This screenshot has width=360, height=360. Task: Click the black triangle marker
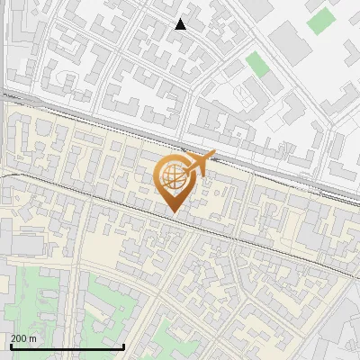coord(181,24)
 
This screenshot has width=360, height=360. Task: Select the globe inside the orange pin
coord(172,175)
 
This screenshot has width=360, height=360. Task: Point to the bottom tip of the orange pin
coord(172,212)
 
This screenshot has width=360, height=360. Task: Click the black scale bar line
coord(67,346)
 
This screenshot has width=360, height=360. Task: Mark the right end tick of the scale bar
coord(123,346)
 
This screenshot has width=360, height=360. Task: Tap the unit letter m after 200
coord(32,338)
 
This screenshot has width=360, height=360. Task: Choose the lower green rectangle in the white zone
coord(257,63)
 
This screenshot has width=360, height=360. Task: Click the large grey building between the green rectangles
coord(289,39)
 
